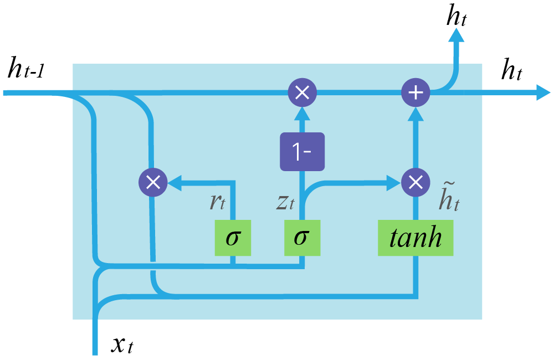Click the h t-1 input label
pyautogui.click(x=26, y=70)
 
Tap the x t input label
pyautogui.click(x=122, y=345)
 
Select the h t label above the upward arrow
pyautogui.click(x=456, y=17)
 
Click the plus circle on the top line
pyautogui.click(x=415, y=92)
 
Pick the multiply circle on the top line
pyautogui.click(x=302, y=92)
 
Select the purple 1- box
pyautogui.click(x=301, y=152)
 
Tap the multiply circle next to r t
pyautogui.click(x=152, y=182)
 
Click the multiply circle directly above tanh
pyautogui.click(x=415, y=182)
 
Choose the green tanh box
pyautogui.click(x=416, y=238)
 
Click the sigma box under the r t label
pyautogui.click(x=233, y=238)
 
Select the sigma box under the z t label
pyautogui.click(x=302, y=238)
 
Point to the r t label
pyautogui.click(x=217, y=202)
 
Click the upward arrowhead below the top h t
pyautogui.click(x=456, y=37)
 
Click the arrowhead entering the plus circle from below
pyautogui.click(x=415, y=113)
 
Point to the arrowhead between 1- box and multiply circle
pyautogui.click(x=302, y=113)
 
